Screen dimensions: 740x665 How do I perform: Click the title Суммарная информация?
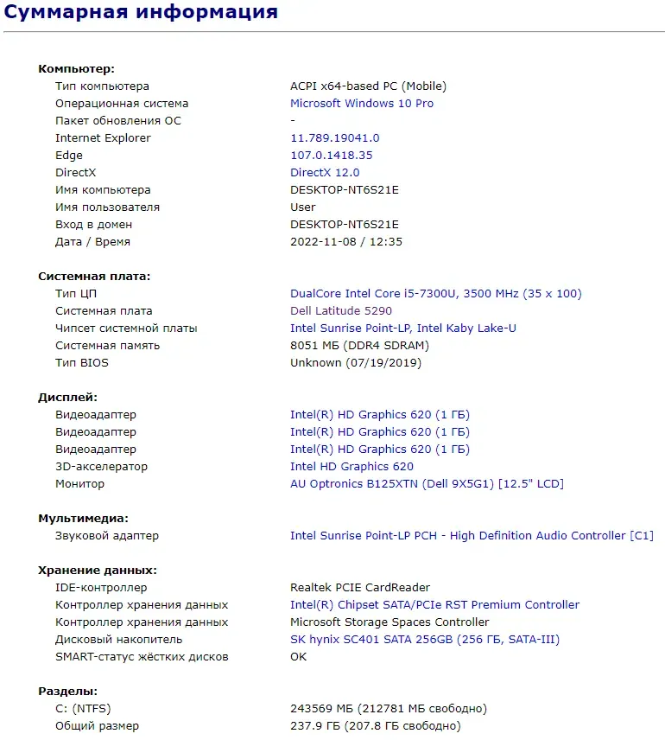coord(142,12)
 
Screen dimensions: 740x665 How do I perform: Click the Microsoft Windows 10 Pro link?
coord(362,103)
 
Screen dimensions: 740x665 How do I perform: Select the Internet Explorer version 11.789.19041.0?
coord(334,137)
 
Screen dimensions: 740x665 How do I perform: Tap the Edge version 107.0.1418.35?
coord(331,155)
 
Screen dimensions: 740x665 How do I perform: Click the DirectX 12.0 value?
coord(325,172)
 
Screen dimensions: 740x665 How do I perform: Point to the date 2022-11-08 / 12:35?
coord(345,241)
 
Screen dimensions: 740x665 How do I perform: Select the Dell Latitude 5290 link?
coord(341,310)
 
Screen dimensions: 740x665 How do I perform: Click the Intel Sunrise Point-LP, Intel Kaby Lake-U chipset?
coord(403,328)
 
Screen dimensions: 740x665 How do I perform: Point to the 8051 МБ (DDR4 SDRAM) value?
coord(359,345)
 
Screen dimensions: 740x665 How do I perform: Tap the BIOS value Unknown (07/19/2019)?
coord(356,362)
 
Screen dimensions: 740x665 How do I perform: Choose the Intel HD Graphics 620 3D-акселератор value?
coord(351,466)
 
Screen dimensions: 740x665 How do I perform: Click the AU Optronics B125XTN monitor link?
coord(427,483)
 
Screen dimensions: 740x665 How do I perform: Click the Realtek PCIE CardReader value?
coord(360,587)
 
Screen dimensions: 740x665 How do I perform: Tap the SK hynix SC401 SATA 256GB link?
coord(425,639)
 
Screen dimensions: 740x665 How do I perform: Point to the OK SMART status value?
coord(298,656)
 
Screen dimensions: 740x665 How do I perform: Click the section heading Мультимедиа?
coord(83,518)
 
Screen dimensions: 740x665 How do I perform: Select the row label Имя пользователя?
coord(107,207)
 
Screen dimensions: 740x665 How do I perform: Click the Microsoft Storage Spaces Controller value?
coord(389,622)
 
